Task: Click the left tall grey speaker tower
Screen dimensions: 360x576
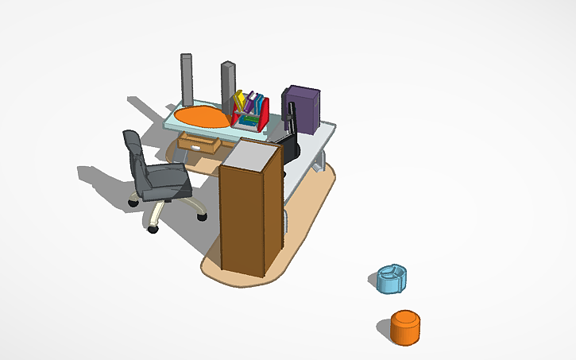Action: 187,79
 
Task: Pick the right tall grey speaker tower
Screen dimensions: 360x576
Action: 229,86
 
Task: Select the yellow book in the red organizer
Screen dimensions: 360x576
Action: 242,100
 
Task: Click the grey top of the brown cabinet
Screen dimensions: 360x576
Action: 251,156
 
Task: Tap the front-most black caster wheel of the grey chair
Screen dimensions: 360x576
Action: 153,229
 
